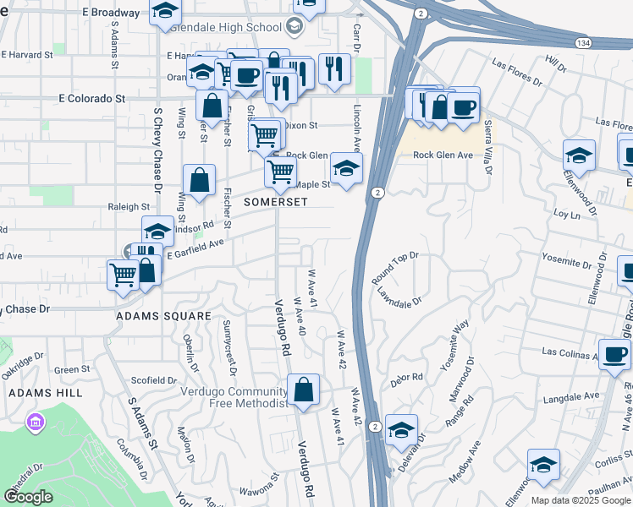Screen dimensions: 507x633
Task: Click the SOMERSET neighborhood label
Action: coord(276,203)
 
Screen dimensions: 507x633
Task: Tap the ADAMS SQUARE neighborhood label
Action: coord(163,316)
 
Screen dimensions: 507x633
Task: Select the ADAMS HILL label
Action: coord(45,393)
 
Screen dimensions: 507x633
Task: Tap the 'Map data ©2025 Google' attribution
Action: coord(581,500)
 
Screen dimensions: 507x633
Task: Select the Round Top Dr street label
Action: coord(395,267)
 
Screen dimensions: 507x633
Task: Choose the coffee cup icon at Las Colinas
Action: coord(614,354)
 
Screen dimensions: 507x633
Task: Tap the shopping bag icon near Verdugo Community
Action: coord(303,390)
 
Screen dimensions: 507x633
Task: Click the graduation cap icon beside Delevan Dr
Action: coord(401,430)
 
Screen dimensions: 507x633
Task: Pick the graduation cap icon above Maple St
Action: coord(346,169)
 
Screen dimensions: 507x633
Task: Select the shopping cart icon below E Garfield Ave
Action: coord(124,274)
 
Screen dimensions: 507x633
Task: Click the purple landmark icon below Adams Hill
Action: coord(35,421)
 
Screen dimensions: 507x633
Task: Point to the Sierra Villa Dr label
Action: coord(488,147)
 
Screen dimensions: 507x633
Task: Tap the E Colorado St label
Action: coord(92,98)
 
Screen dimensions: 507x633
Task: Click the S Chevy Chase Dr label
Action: coord(157,154)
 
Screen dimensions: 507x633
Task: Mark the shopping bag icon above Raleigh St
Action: coord(199,180)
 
